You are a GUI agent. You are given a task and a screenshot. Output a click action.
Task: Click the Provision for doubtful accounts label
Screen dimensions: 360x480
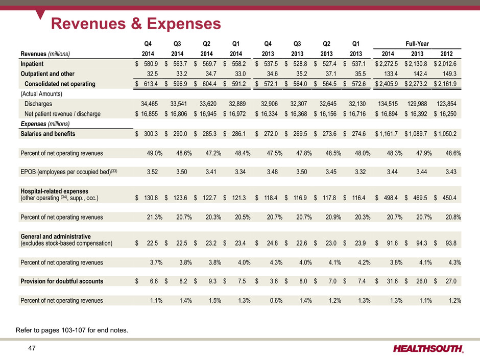(x=62, y=281)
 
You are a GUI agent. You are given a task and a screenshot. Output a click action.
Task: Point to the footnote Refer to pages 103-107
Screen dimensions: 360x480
(x=73, y=331)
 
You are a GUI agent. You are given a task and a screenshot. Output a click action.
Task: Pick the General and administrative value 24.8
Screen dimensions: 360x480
(x=274, y=243)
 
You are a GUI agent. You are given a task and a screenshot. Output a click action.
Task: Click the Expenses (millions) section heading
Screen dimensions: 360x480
(x=45, y=124)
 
